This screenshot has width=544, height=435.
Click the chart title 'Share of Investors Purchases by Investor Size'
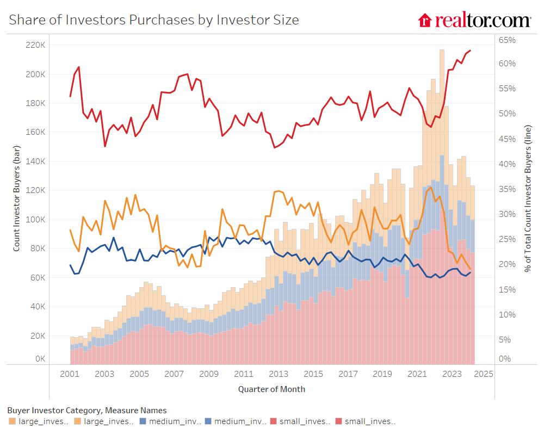(x=154, y=20)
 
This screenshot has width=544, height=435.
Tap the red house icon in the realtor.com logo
(x=424, y=21)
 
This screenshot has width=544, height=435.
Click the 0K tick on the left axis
(x=40, y=359)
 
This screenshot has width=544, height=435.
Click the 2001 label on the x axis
(x=70, y=374)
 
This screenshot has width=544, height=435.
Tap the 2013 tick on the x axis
(x=279, y=374)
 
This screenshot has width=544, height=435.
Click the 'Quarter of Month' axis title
(x=271, y=389)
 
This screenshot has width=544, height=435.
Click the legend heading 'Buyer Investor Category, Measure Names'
(x=87, y=410)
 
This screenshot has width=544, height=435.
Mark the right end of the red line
(x=470, y=51)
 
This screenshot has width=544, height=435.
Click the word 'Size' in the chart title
(x=286, y=20)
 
